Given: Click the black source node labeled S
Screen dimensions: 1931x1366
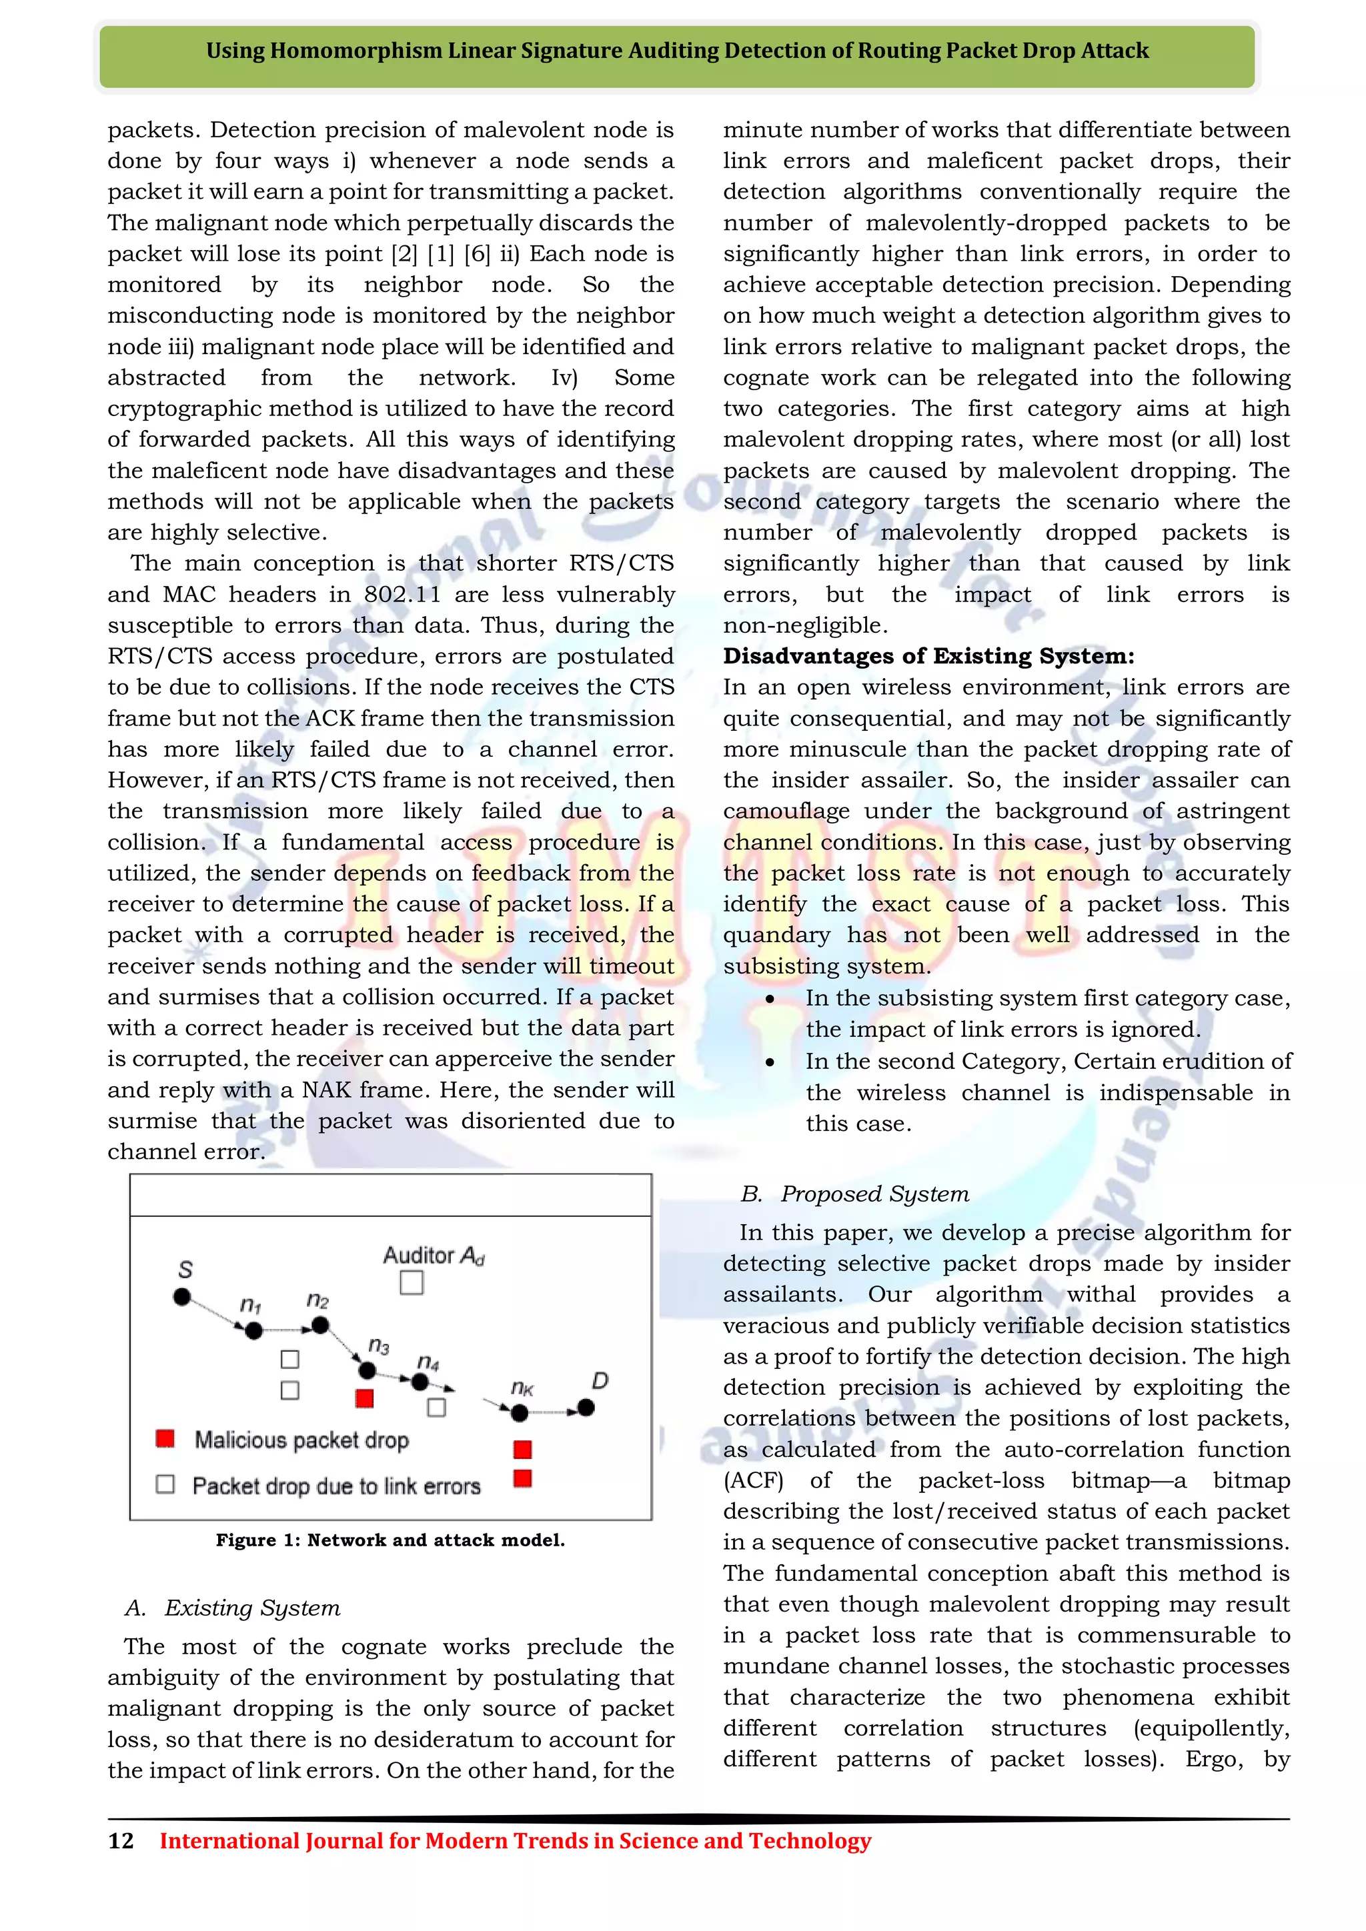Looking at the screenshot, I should pyautogui.click(x=181, y=1297).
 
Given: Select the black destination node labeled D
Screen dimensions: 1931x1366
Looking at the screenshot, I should pyautogui.click(x=586, y=1407).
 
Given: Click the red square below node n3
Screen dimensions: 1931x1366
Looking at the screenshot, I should pyautogui.click(x=364, y=1398).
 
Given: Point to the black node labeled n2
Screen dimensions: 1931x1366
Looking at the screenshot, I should pyautogui.click(x=319, y=1326).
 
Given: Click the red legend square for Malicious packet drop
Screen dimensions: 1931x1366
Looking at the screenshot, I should pyautogui.click(x=165, y=1438).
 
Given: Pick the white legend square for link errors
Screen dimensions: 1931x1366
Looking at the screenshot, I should pyautogui.click(x=165, y=1484).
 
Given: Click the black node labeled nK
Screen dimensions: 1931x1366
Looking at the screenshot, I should pyautogui.click(x=520, y=1413).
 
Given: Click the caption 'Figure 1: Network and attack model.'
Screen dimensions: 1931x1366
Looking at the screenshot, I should pyautogui.click(x=390, y=1540).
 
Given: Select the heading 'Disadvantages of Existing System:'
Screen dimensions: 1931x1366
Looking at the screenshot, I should pyautogui.click(x=928, y=656).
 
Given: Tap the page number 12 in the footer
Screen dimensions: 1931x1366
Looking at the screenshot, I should pyautogui.click(x=121, y=1840).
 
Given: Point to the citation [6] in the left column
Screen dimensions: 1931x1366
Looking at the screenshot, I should pyautogui.click(x=477, y=254).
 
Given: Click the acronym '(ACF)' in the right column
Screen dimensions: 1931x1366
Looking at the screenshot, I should pyautogui.click(x=753, y=1480).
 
